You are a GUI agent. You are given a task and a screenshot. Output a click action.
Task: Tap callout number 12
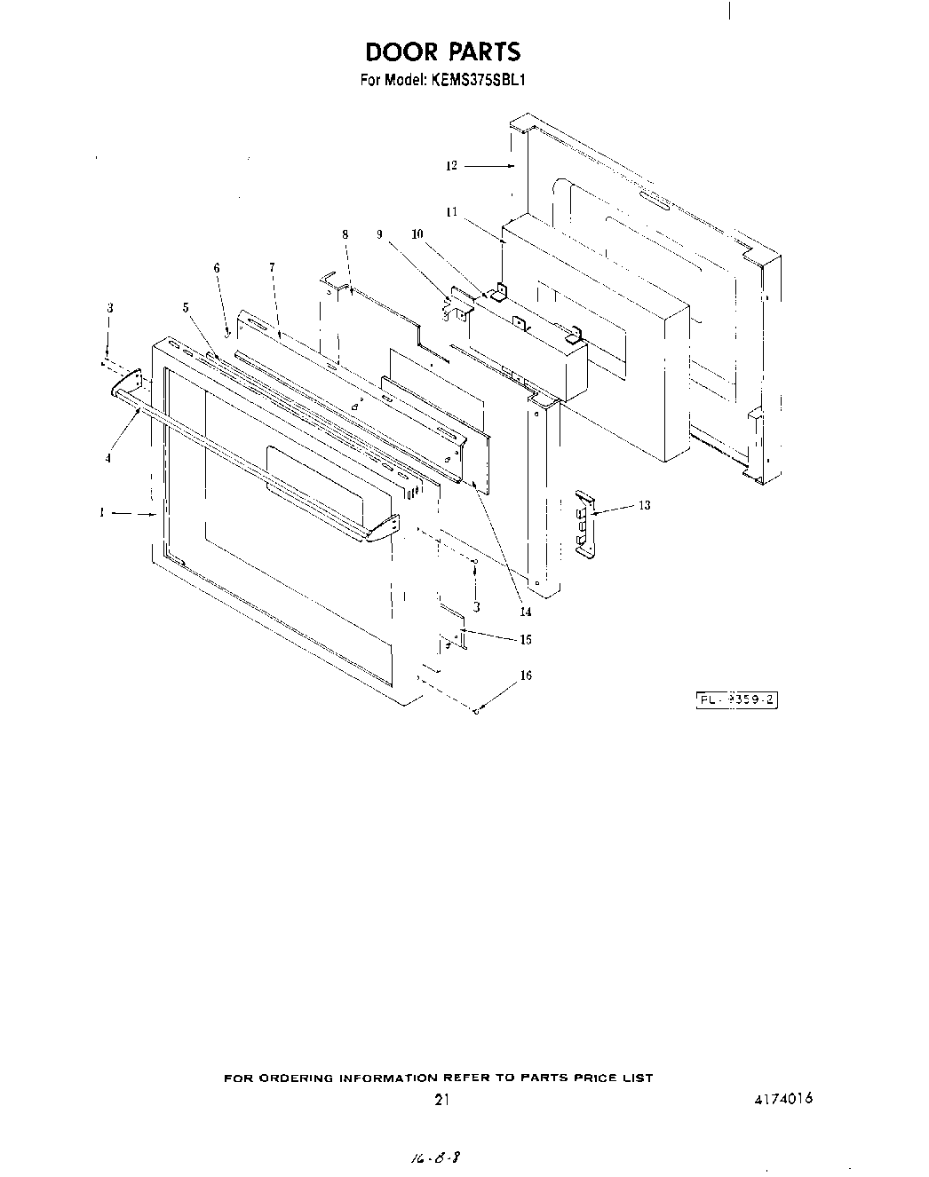click(451, 165)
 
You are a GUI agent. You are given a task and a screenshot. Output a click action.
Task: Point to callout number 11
click(451, 211)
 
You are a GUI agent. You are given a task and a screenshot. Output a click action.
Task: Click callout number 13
click(645, 505)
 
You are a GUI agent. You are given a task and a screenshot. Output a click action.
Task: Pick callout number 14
click(526, 612)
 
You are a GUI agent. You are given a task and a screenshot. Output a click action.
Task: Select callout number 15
click(526, 639)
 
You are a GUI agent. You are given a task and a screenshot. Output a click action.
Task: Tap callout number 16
click(526, 675)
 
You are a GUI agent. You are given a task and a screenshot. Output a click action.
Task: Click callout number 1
click(103, 512)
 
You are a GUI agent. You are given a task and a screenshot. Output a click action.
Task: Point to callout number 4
click(108, 458)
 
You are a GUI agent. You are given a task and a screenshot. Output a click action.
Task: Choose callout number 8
click(345, 234)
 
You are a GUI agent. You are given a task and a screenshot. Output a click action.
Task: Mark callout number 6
click(216, 268)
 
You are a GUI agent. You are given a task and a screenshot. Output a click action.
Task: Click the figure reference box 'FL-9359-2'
click(736, 699)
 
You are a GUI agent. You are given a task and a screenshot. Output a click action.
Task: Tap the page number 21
click(441, 1100)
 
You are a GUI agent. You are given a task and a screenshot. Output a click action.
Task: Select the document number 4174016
click(782, 1098)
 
